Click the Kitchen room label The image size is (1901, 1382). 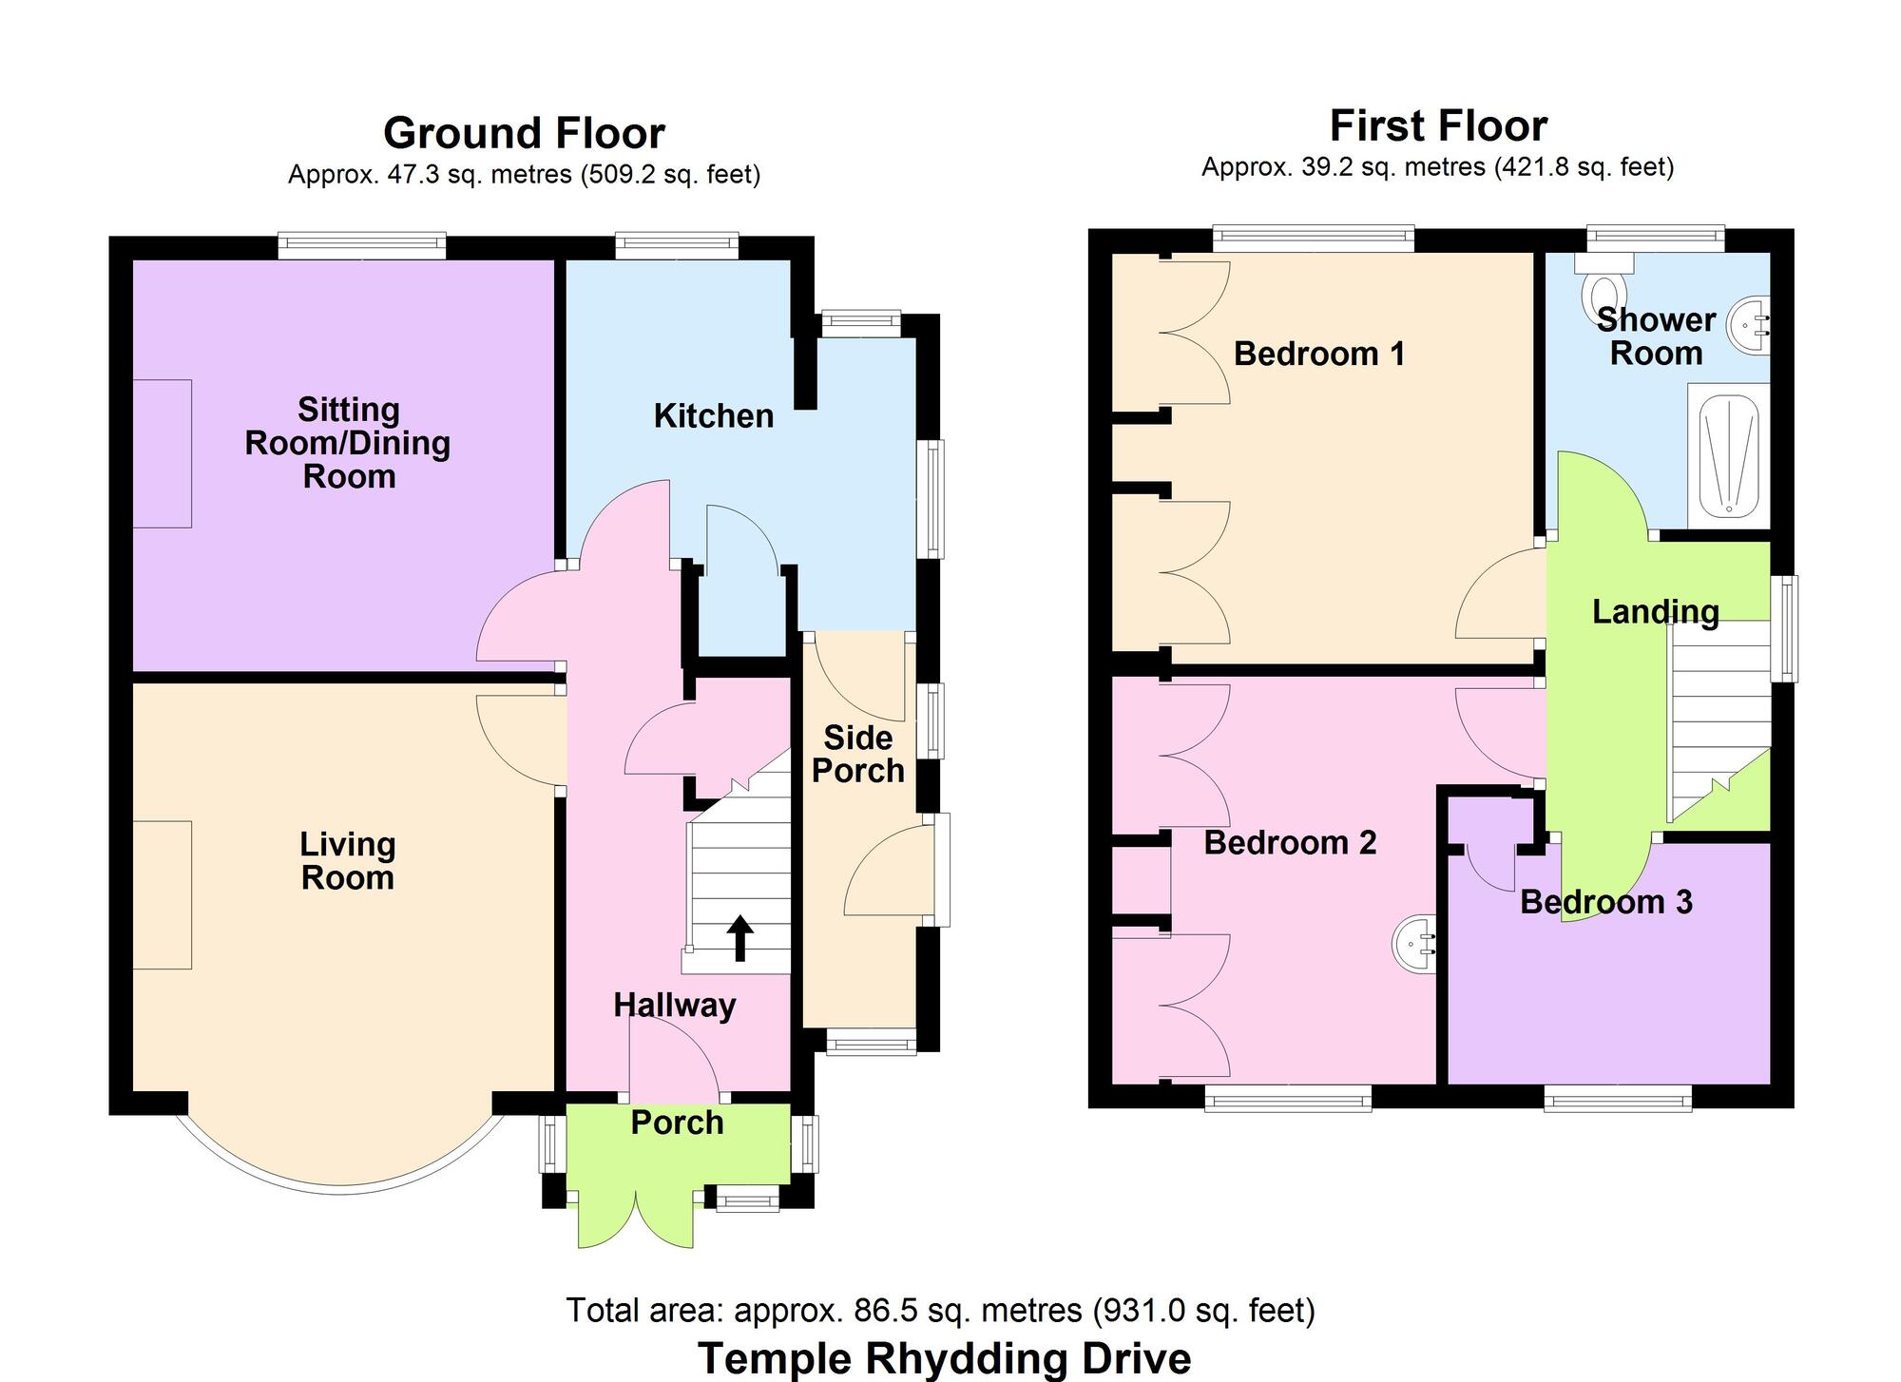tap(713, 416)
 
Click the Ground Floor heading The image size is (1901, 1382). tap(524, 133)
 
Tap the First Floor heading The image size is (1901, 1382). tap(1437, 125)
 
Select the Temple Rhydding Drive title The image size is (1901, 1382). tap(944, 1358)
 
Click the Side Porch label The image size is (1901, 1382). tap(857, 755)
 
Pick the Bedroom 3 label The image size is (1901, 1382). tap(1605, 902)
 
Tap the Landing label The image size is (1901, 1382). tap(1655, 612)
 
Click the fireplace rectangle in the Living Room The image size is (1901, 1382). tap(162, 894)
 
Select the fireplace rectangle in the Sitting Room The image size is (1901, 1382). tap(162, 453)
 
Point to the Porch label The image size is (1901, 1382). tap(677, 1123)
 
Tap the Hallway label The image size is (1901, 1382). tap(674, 1006)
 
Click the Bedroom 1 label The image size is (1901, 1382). tap(1318, 354)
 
